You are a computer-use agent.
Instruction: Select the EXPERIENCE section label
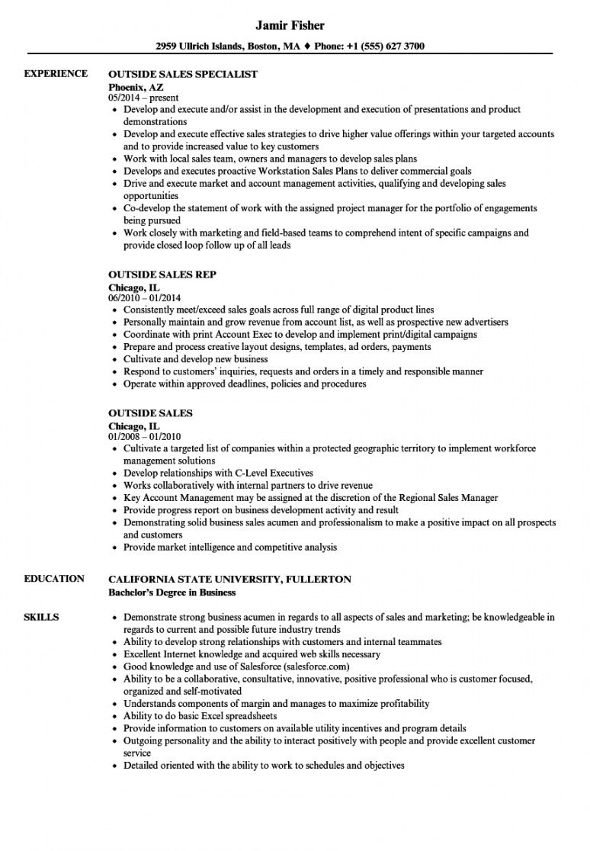(x=56, y=74)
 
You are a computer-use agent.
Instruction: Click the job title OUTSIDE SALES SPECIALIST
(x=183, y=75)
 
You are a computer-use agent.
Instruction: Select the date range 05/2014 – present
(x=143, y=98)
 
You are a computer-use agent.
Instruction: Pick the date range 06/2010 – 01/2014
(x=145, y=298)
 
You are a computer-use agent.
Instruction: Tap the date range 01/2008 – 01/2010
(x=145, y=436)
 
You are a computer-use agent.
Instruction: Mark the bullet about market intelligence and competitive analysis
(x=230, y=547)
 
